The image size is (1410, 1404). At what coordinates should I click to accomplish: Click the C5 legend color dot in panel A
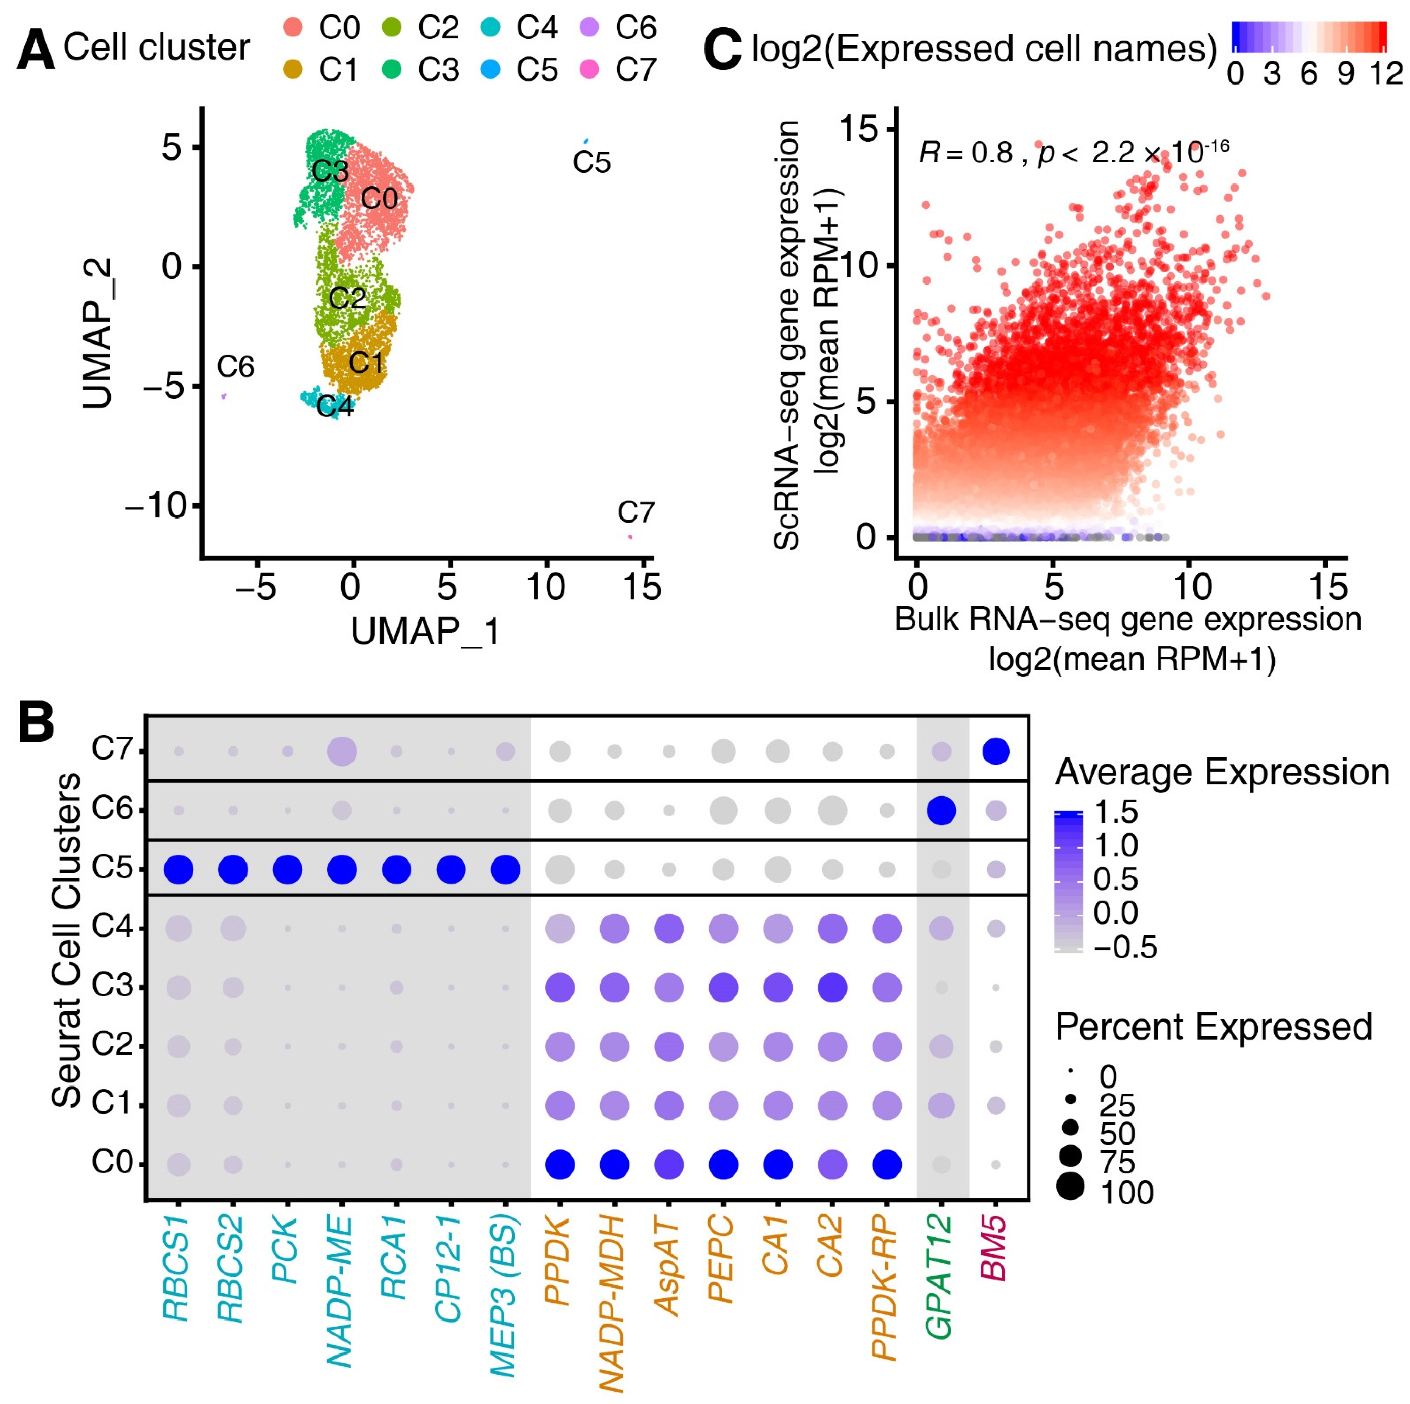490,70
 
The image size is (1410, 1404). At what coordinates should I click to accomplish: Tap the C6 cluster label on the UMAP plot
235,366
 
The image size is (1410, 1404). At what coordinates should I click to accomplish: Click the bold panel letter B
36,723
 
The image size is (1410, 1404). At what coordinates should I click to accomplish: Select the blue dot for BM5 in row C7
995,751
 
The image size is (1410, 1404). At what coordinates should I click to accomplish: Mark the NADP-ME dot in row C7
341,751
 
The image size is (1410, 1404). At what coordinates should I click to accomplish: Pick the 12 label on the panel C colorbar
1384,74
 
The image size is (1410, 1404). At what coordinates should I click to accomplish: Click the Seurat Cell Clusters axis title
67,941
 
